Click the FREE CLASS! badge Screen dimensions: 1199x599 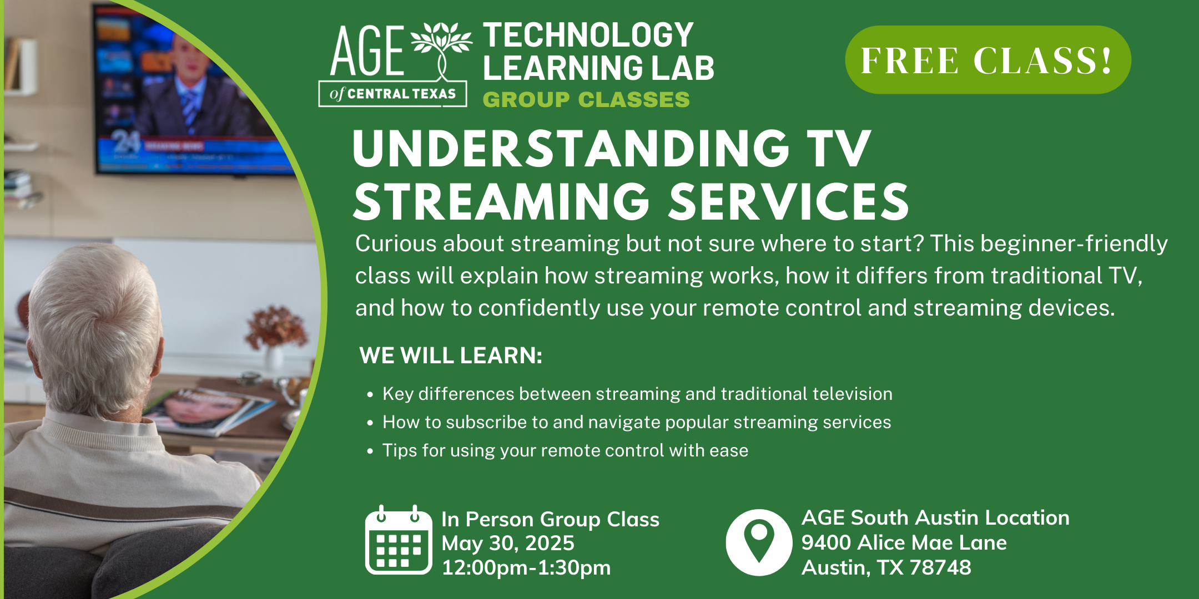point(988,60)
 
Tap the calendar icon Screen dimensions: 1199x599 point(399,540)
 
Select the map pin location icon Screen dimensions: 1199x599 point(759,542)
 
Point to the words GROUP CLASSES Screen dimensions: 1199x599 point(586,100)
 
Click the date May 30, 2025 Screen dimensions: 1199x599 point(508,543)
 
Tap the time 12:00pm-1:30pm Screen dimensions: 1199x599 point(526,567)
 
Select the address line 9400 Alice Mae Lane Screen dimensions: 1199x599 point(904,542)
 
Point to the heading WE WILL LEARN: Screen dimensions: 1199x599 point(451,356)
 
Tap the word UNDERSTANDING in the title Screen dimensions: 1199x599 point(571,148)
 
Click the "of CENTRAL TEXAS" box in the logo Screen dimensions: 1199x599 point(392,94)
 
